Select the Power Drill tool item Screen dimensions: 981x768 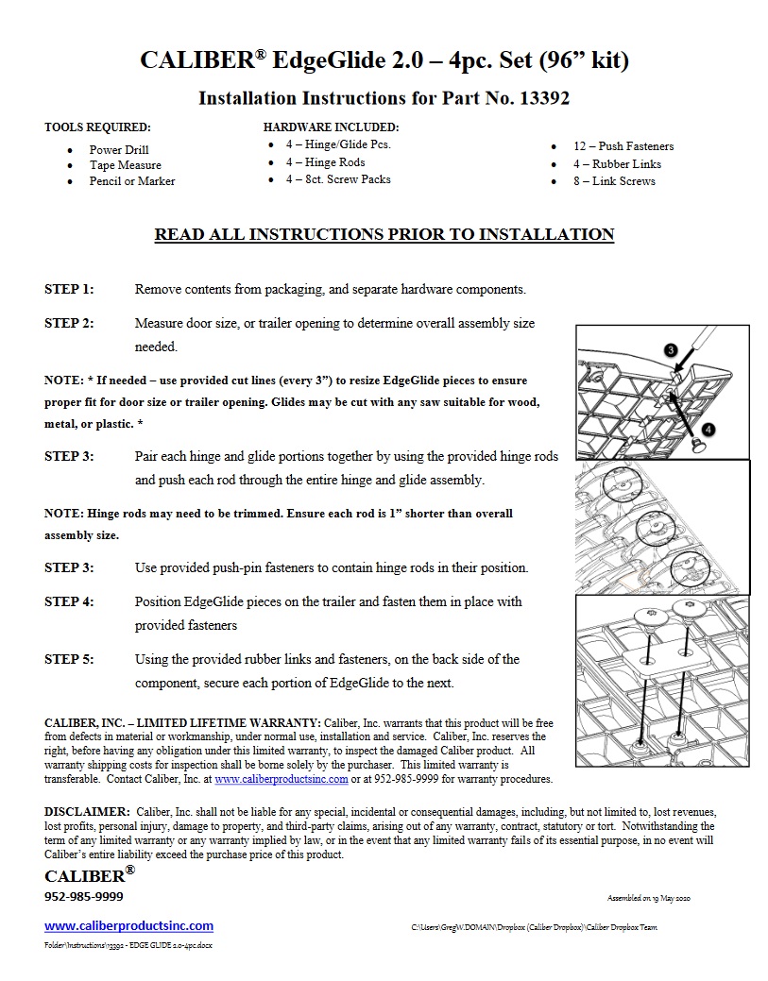coord(119,149)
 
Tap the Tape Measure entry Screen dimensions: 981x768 coord(125,165)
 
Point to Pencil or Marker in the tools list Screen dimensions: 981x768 coord(132,181)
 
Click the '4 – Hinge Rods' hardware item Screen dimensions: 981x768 coord(325,162)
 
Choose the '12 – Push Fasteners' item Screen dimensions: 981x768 coord(623,146)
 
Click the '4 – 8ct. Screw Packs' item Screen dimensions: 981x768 coord(338,179)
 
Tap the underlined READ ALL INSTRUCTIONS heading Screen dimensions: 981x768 coord(384,234)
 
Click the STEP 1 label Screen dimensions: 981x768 coord(69,289)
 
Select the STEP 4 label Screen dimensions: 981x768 coord(69,601)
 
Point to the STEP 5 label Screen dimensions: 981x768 coord(69,659)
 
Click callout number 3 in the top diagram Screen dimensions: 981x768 coord(671,349)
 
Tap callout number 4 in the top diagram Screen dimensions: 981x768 coord(708,429)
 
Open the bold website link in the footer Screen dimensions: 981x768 coord(128,926)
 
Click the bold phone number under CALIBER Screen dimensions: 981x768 coord(83,896)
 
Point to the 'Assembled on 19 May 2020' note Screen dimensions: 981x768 coord(648,898)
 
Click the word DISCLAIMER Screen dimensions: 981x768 coord(87,811)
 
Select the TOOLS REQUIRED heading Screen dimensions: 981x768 coord(97,127)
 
